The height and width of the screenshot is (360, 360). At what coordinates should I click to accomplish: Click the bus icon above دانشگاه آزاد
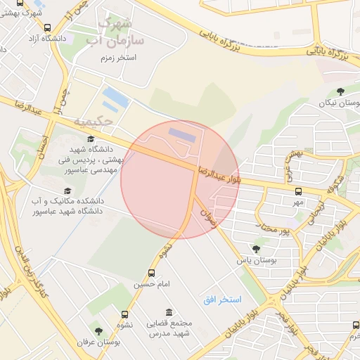(47, 28)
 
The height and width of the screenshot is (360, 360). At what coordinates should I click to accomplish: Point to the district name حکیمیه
(93, 121)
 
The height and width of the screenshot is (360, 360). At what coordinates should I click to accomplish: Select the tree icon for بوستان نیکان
(340, 91)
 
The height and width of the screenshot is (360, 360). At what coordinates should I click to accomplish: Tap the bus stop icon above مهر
(299, 191)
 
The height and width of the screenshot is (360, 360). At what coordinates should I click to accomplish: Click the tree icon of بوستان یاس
(255, 249)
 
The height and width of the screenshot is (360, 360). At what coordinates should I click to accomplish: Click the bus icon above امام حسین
(151, 274)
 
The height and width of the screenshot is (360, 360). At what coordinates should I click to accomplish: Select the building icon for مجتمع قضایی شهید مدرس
(168, 312)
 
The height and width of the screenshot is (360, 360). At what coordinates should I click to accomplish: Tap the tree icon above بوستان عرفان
(98, 330)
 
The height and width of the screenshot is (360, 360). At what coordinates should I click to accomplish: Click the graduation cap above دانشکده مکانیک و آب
(67, 191)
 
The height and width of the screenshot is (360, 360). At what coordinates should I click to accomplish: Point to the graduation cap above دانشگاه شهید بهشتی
(91, 139)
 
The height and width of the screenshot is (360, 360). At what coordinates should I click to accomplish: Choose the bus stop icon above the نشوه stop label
(125, 315)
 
